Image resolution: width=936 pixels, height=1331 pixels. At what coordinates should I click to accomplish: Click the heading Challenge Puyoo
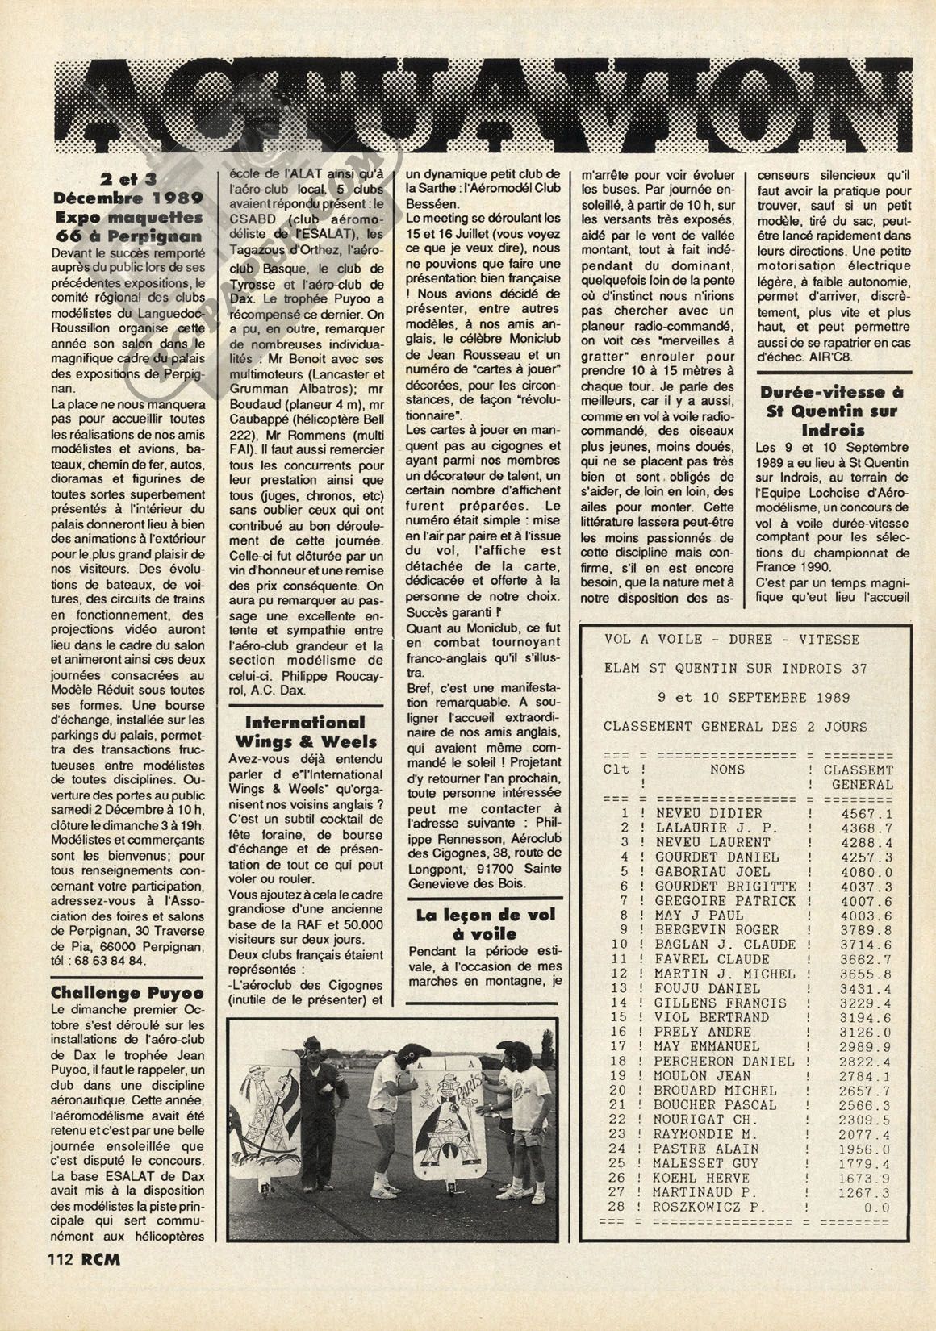pos(127,992)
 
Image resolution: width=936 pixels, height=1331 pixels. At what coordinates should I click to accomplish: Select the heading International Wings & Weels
pos(305,732)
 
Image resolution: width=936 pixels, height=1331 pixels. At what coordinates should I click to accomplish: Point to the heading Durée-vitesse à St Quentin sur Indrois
pos(834,411)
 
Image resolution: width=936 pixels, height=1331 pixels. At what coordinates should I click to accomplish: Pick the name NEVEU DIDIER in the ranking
pos(708,813)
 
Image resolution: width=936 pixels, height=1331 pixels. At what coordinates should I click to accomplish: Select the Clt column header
pos(616,769)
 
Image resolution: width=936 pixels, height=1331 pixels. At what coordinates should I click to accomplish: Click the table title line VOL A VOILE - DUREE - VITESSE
pos(732,639)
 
